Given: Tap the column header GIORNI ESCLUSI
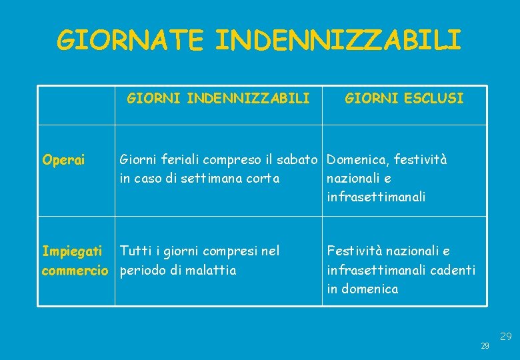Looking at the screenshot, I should point(404,99).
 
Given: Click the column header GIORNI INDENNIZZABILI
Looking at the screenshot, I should point(218,99).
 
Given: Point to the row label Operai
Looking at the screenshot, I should point(63,160).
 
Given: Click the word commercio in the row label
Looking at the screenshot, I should point(75,271).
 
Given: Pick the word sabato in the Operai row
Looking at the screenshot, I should point(301,160).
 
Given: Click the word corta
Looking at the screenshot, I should point(261,179).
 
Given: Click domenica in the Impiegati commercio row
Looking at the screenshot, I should point(370,289).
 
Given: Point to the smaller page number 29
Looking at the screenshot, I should point(485,346).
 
